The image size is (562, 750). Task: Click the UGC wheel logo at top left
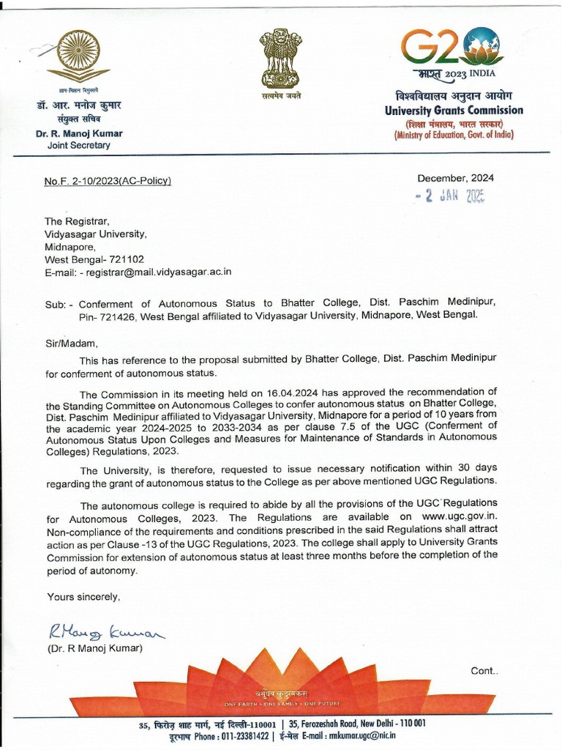(79, 53)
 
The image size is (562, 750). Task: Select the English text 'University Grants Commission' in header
(454, 111)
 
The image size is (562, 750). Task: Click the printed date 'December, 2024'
(455, 178)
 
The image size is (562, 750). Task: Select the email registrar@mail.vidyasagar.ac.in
(160, 272)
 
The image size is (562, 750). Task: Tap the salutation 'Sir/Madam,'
(71, 342)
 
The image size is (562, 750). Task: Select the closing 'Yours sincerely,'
(83, 597)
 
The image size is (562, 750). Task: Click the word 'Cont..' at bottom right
(484, 670)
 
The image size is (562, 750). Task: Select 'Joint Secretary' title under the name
(78, 145)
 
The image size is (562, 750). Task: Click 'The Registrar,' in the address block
(75, 222)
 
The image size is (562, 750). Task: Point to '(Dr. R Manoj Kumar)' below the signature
(94, 648)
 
